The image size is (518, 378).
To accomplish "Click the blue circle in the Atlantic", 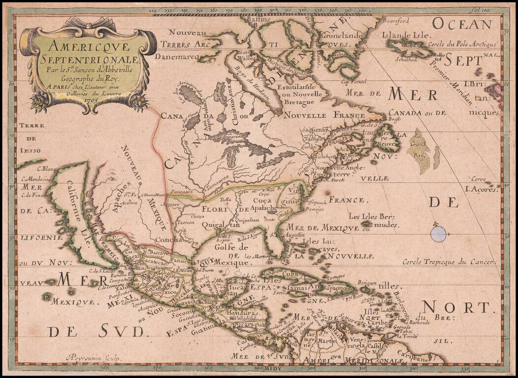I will tap(438, 233).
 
